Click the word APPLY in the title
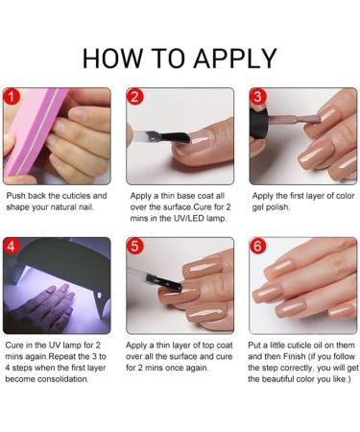click(235, 59)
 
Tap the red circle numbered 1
click(12, 97)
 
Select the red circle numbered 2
click(134, 97)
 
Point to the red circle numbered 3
click(258, 96)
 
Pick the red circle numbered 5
click(134, 246)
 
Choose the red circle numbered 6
click(258, 246)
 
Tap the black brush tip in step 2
click(175, 137)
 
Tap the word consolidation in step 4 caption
click(62, 379)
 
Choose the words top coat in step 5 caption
click(217, 346)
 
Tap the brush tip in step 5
click(164, 281)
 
